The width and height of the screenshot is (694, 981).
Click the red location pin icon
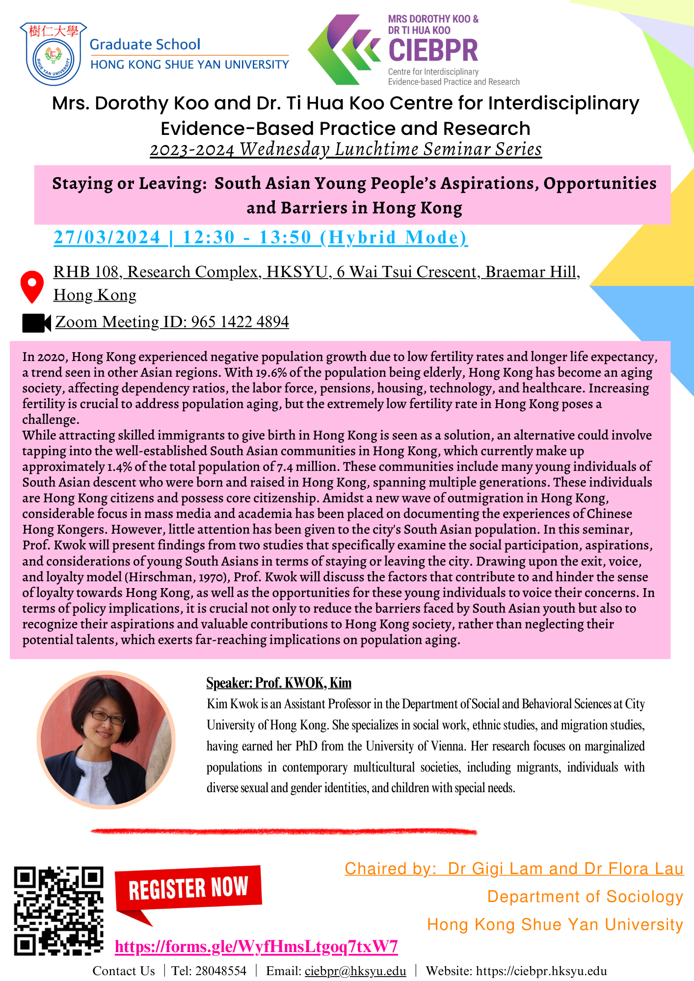tap(32, 286)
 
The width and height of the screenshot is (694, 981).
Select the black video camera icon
tap(36, 323)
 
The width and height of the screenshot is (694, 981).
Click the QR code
tap(58, 911)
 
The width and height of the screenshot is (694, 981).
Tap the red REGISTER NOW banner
tap(188, 888)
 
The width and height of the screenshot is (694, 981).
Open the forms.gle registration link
tap(256, 946)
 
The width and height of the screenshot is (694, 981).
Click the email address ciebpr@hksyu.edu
tap(355, 971)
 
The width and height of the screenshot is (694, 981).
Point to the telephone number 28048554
tap(221, 971)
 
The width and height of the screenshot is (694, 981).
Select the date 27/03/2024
tap(107, 237)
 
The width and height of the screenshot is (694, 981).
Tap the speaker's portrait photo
tap(106, 740)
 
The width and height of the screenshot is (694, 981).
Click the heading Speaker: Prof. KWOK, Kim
tap(279, 683)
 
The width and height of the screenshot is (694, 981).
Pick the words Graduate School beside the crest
tap(145, 44)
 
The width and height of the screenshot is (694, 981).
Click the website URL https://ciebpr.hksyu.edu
tap(541, 971)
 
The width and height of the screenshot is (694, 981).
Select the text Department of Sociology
tap(585, 897)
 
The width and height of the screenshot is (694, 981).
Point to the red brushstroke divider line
tap(284, 831)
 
